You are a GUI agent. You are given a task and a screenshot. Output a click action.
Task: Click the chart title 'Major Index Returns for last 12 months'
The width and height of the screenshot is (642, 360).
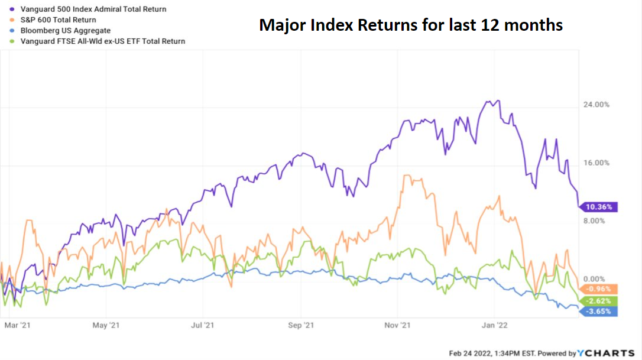pyautogui.click(x=411, y=25)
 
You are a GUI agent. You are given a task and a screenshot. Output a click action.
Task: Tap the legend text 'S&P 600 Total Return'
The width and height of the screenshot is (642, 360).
pyautogui.click(x=59, y=20)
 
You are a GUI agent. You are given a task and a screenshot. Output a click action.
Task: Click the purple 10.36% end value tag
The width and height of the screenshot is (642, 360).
pyautogui.click(x=601, y=207)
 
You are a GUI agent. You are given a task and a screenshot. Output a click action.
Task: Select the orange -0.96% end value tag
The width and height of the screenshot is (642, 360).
pyautogui.click(x=601, y=289)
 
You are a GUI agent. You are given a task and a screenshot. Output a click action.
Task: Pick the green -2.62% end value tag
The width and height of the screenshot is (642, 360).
pyautogui.click(x=601, y=301)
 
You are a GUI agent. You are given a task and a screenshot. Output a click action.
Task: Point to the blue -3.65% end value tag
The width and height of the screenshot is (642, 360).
pyautogui.click(x=601, y=311)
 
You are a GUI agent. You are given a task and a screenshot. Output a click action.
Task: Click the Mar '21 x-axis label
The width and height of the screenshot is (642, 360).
pyautogui.click(x=17, y=325)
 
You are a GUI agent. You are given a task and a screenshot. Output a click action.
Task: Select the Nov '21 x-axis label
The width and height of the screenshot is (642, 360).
pyautogui.click(x=398, y=325)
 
